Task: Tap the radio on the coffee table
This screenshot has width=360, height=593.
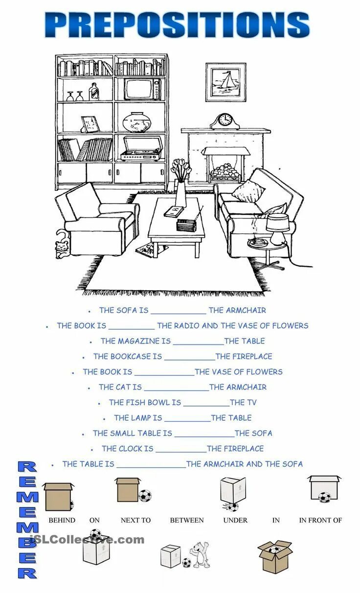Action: (187, 225)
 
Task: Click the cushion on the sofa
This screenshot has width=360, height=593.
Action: (249, 191)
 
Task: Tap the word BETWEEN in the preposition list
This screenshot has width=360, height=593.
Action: (187, 520)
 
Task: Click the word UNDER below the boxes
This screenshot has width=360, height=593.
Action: (235, 520)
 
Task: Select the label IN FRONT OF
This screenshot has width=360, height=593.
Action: (320, 520)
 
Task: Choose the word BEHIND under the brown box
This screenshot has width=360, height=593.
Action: (62, 520)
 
